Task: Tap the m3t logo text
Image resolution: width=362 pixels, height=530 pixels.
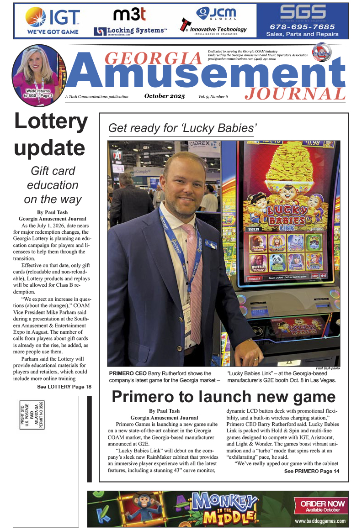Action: click(x=129, y=15)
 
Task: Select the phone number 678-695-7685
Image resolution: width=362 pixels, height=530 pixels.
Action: click(x=302, y=26)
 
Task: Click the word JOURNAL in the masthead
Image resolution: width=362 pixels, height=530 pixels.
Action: click(x=295, y=94)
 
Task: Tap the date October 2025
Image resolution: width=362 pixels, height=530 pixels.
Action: click(x=165, y=96)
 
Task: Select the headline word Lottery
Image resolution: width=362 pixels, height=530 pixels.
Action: click(x=51, y=122)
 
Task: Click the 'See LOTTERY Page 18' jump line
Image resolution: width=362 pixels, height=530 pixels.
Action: click(x=64, y=387)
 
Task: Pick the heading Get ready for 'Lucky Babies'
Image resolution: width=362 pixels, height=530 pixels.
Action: click(x=181, y=128)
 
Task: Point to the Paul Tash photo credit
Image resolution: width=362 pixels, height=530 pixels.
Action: click(x=328, y=368)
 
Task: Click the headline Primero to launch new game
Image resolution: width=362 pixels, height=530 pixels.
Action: click(x=224, y=396)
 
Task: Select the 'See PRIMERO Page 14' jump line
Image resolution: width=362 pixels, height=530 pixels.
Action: click(x=311, y=471)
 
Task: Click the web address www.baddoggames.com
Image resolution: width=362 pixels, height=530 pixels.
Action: click(x=320, y=521)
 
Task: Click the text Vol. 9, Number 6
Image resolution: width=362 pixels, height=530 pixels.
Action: click(x=213, y=96)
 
